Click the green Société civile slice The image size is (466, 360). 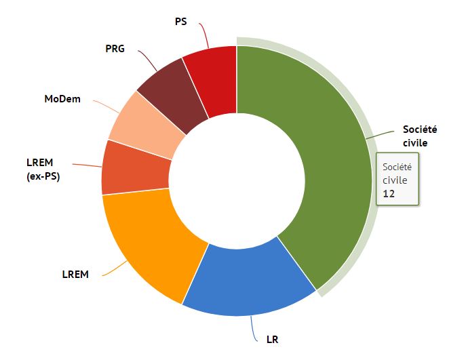click(x=319, y=163)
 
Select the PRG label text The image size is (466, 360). click(x=115, y=49)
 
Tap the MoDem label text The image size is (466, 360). click(x=62, y=100)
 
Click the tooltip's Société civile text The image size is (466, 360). click(x=397, y=173)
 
